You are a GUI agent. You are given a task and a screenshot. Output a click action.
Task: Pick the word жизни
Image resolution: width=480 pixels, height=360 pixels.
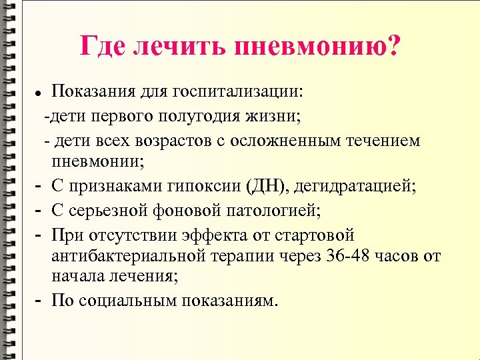pos(275,117)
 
